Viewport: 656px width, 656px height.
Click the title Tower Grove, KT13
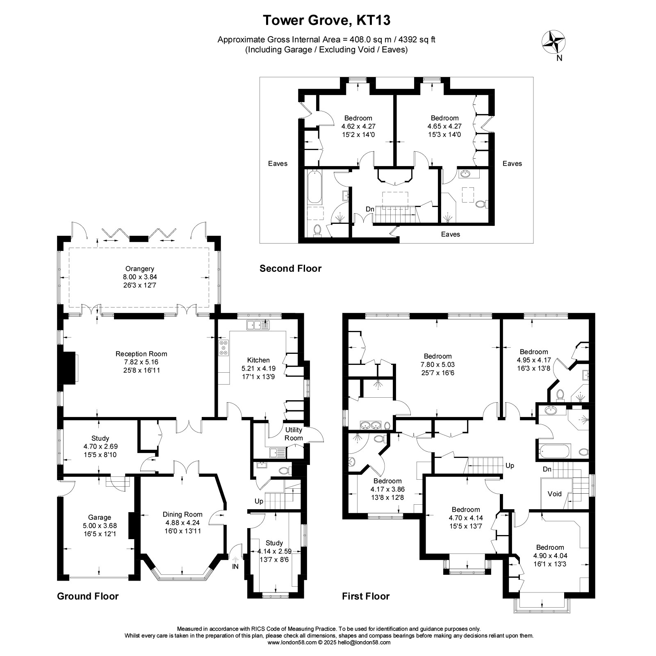326,20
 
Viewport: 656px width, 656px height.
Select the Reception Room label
141,354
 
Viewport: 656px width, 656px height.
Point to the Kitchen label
258,360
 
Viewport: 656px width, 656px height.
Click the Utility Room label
294,434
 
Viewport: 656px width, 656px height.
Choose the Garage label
100,517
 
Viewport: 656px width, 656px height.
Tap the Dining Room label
182,515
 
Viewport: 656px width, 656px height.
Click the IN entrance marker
235,567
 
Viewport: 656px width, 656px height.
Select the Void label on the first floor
555,494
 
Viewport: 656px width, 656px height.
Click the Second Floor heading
291,269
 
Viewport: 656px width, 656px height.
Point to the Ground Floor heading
88,596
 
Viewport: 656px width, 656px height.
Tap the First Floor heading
366,596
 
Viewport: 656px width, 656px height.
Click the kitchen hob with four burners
223,347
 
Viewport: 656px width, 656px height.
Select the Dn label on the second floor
370,209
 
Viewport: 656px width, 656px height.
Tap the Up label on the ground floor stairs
259,501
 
